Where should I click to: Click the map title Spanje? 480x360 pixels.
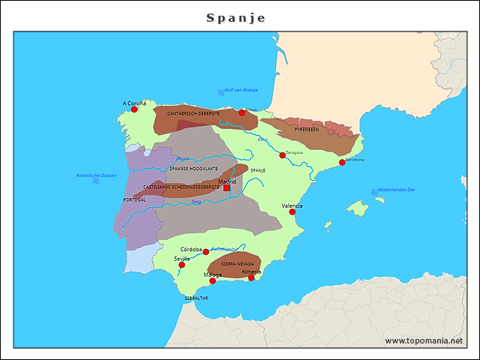235,17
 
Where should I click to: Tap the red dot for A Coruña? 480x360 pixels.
134,109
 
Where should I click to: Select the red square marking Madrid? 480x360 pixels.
226,187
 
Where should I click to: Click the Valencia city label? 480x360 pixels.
292,205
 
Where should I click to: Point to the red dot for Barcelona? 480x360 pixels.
342,163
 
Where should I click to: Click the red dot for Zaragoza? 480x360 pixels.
283,155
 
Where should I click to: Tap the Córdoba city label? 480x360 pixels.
191,248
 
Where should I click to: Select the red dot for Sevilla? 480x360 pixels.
181,265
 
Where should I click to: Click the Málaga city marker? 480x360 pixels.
212,281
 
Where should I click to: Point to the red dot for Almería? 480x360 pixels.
252,278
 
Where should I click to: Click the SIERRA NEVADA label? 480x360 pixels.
237,264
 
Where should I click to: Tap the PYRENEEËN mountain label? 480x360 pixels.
307,129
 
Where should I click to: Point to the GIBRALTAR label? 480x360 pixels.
196,298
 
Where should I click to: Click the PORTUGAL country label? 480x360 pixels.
134,199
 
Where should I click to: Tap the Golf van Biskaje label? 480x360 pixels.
241,90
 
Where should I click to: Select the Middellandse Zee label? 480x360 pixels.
397,190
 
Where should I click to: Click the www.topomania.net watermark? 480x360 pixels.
424,340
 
